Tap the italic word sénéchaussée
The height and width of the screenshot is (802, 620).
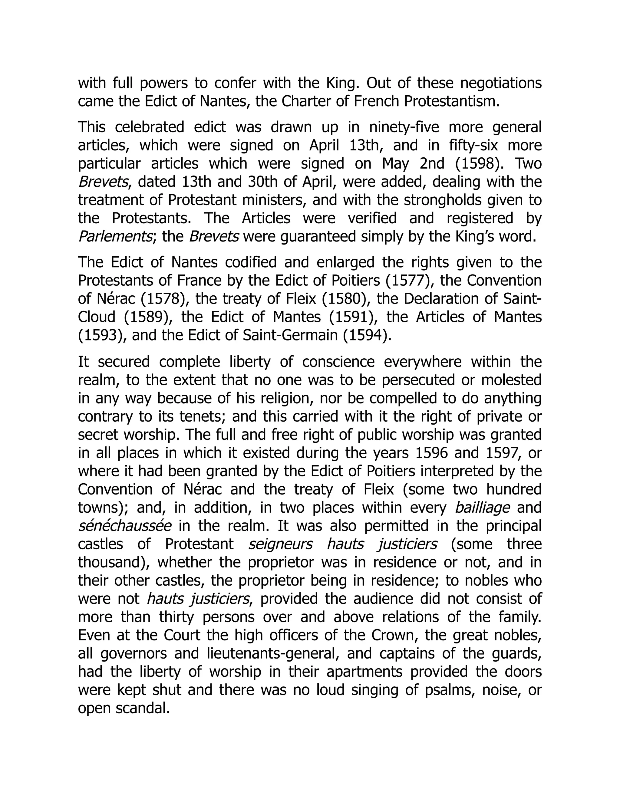click(124, 526)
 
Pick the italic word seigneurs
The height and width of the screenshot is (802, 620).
click(280, 544)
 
